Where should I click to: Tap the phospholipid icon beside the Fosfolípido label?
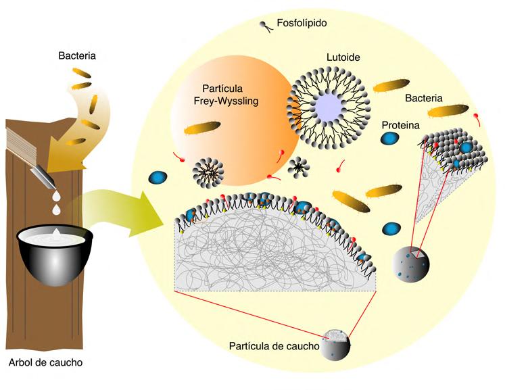pyautogui.click(x=267, y=26)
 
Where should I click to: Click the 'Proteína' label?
pyautogui.click(x=400, y=125)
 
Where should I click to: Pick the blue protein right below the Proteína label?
pyautogui.click(x=389, y=139)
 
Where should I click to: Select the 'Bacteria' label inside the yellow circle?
pyautogui.click(x=424, y=98)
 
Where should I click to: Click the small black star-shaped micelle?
pyautogui.click(x=297, y=165)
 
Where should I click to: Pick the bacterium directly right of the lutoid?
pyautogui.click(x=390, y=85)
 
